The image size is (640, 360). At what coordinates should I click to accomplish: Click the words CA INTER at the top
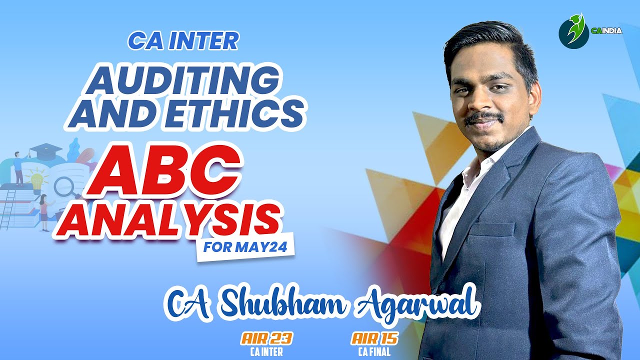[183, 41]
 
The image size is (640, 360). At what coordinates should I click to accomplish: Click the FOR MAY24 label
[245, 247]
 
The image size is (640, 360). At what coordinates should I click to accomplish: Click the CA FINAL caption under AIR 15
[374, 351]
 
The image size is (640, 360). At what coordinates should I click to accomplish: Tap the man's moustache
[483, 118]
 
